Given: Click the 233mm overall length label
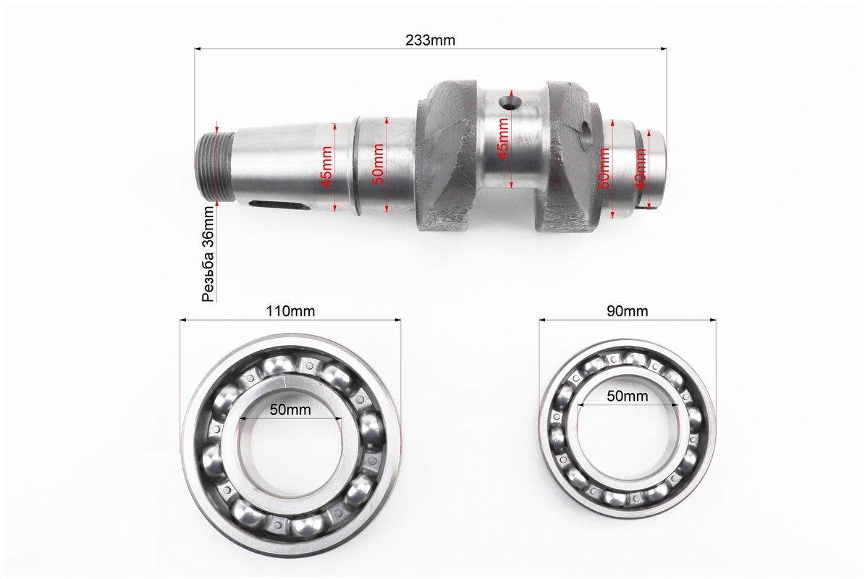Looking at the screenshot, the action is coord(430,41).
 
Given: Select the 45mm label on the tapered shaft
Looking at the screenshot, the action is coord(326,166).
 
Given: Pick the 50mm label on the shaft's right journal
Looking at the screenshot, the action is coord(604,168).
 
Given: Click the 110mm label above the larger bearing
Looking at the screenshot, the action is coord(290,311).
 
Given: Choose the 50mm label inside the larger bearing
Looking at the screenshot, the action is coord(290,410).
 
